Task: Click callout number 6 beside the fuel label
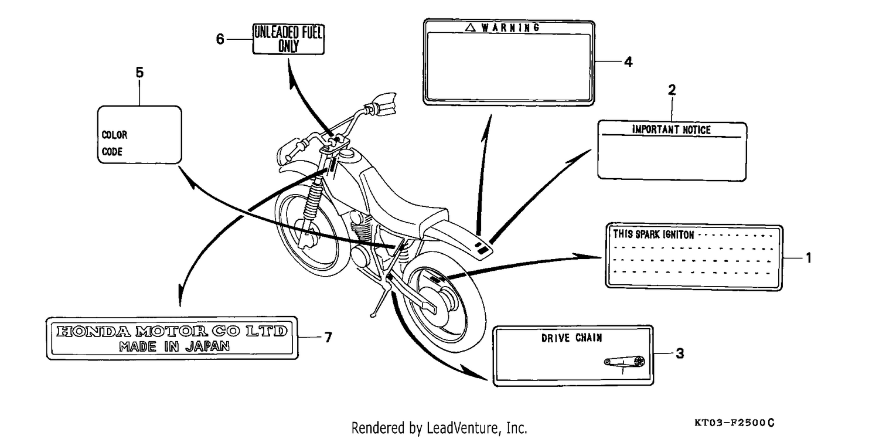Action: point(220,39)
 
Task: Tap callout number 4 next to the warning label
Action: point(628,62)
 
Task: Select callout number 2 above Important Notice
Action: point(672,90)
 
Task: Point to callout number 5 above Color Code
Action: point(139,73)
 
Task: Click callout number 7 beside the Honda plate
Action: point(328,338)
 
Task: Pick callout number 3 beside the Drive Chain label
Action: point(680,353)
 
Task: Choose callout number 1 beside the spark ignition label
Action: point(808,258)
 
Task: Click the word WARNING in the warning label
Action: point(510,28)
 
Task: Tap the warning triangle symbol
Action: point(471,27)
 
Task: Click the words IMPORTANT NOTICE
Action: point(671,130)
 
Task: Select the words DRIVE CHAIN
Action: point(572,338)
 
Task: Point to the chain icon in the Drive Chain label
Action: point(625,362)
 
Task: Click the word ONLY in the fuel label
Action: point(288,46)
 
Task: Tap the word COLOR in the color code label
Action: point(115,135)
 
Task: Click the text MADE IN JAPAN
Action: point(174,346)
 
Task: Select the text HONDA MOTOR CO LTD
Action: point(172,331)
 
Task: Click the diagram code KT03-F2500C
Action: point(734,423)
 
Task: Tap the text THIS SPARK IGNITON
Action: point(654,234)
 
